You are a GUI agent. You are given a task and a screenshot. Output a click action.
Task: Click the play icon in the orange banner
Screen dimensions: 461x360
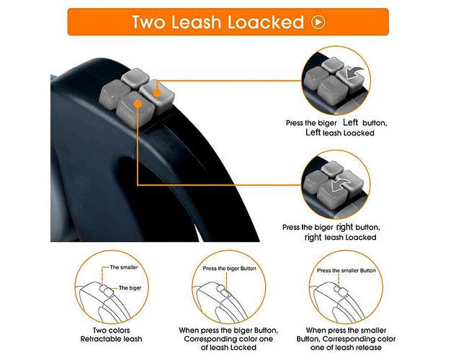coord(318,22)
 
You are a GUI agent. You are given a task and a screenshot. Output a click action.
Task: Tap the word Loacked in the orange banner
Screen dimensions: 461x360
coord(266,22)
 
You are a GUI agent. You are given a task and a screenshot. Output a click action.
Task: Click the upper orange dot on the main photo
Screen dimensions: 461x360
coord(157,93)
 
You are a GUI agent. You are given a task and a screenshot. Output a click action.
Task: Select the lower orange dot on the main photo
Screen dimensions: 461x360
coord(138,104)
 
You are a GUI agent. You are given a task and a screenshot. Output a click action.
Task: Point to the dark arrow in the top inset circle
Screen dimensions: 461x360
coord(354,72)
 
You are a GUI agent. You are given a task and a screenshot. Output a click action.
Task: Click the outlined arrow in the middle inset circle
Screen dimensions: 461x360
coord(341,184)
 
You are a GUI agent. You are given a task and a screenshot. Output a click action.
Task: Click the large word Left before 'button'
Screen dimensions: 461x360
coord(350,122)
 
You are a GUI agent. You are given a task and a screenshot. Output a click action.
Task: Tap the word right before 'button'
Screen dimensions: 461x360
coord(344,227)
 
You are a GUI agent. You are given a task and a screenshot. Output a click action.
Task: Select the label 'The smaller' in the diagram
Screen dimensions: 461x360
coord(124,267)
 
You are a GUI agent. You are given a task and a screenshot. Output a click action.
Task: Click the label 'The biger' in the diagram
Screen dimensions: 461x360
coord(130,288)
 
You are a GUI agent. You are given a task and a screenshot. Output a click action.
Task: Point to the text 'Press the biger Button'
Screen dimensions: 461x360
coord(229,269)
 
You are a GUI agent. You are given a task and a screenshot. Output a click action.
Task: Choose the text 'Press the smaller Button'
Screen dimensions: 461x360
coord(346,271)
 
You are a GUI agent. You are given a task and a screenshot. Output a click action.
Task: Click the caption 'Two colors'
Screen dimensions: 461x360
coord(112,330)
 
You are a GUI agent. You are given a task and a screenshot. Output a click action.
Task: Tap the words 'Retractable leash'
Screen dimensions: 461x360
coord(112,339)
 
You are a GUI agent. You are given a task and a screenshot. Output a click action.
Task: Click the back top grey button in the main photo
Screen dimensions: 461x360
coord(135,78)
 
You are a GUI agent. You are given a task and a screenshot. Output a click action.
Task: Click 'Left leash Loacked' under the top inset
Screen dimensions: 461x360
coord(340,132)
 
